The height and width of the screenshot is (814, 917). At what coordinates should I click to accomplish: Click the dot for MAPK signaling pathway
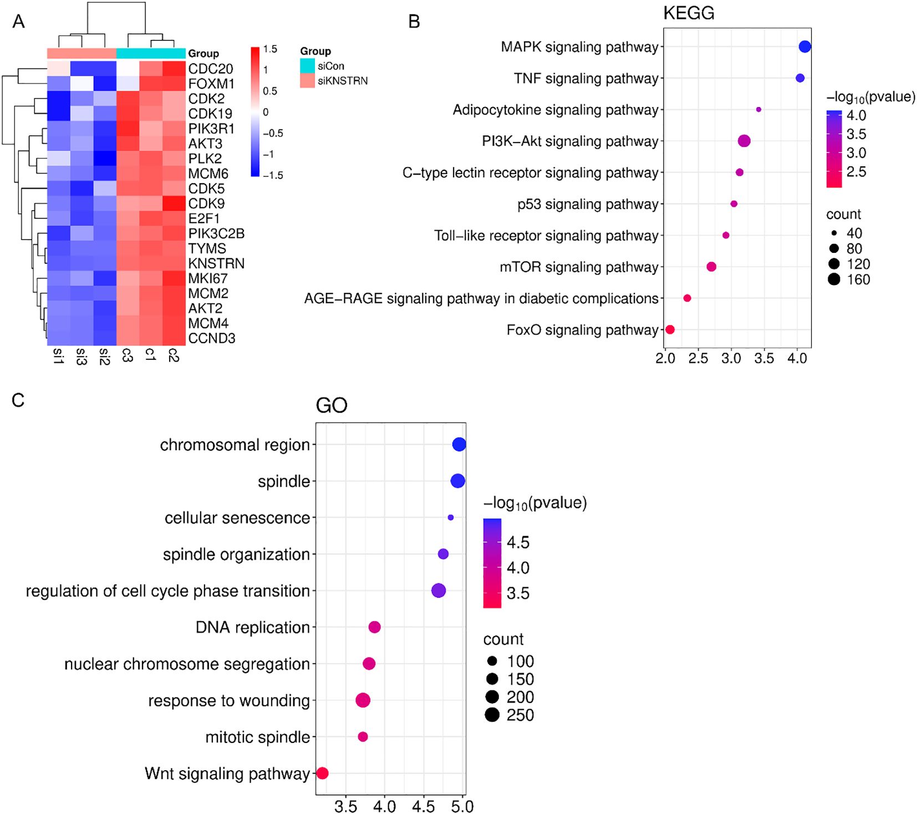(804, 47)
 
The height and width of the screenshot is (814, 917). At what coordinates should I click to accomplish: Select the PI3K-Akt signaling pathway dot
(744, 141)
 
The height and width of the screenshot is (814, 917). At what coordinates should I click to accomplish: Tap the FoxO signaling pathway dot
(670, 329)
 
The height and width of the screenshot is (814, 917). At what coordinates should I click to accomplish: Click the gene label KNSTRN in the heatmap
(216, 263)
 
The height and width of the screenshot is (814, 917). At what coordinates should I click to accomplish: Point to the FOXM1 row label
(211, 84)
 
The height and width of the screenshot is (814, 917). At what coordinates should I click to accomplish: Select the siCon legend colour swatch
(307, 66)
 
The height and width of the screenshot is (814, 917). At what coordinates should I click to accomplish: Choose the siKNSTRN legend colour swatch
(307, 81)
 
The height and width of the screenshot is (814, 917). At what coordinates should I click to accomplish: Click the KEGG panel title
(689, 13)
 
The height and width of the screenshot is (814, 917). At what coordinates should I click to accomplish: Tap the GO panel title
(331, 405)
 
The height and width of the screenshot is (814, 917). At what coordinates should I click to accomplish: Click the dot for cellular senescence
(450, 517)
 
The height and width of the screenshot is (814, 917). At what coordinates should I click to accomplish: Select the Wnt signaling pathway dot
(322, 773)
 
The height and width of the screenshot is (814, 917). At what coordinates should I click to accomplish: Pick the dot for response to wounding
(363, 700)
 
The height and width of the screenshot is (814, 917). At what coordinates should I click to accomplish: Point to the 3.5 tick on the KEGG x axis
(764, 359)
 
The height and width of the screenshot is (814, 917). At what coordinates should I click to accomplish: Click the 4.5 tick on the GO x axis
(424, 806)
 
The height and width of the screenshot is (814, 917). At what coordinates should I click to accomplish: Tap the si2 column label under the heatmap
(104, 357)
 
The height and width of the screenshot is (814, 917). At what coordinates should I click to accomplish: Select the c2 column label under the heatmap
(173, 355)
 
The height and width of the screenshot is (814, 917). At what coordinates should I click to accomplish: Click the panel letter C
(18, 400)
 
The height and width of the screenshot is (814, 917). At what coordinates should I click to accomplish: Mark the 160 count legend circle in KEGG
(834, 279)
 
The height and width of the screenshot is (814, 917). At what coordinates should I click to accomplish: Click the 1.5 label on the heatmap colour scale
(270, 49)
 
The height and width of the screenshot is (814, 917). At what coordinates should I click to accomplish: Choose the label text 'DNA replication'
(252, 627)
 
